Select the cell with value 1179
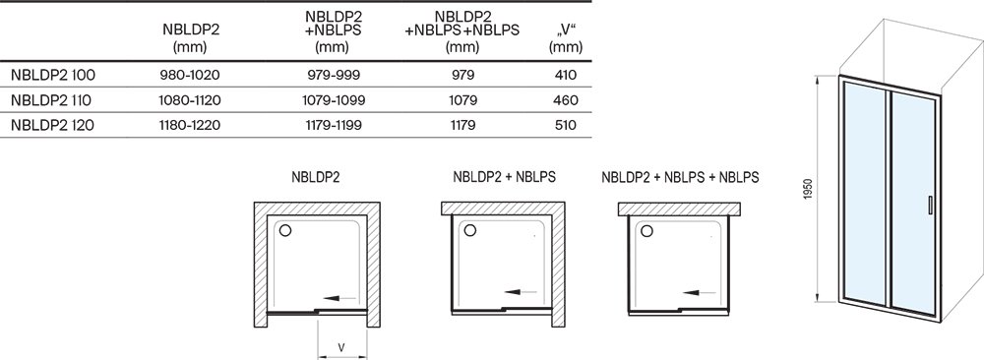point(448,125)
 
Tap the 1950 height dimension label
point(807,191)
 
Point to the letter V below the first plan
point(340,346)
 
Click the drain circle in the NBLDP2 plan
point(285,231)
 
